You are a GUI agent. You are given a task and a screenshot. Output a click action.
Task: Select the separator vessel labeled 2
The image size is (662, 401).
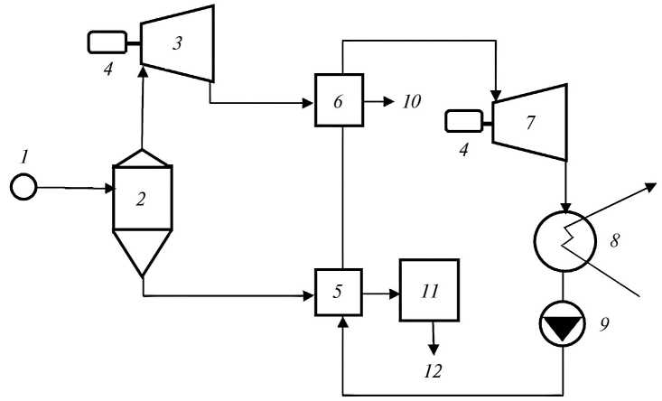[x=141, y=199]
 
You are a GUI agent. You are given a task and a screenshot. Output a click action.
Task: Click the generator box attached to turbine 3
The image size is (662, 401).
[x=106, y=42]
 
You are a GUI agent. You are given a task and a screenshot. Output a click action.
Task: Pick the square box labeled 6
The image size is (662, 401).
[x=338, y=101]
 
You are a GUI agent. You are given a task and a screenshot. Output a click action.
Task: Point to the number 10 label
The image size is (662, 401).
[x=412, y=101]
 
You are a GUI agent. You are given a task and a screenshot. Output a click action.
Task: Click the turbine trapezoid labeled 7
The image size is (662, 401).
[x=529, y=115]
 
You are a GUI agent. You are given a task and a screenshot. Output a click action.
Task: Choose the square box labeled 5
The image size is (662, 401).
[x=338, y=293]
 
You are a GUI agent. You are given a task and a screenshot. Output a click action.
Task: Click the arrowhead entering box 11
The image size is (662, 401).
[x=395, y=294]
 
